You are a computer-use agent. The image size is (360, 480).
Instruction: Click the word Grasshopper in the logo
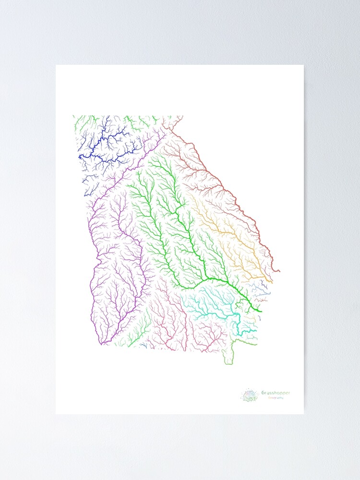pos(276,393)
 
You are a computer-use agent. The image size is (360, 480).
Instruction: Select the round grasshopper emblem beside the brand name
pos(250,396)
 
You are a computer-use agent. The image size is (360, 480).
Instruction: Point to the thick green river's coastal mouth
pos(261,311)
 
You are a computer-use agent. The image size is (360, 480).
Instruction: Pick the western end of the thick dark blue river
pos(80,156)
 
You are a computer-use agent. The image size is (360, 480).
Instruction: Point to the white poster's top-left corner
pos(56,65)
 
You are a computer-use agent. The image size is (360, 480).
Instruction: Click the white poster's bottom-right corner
pos(303,413)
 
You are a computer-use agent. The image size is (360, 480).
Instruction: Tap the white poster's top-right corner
pos(303,65)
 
